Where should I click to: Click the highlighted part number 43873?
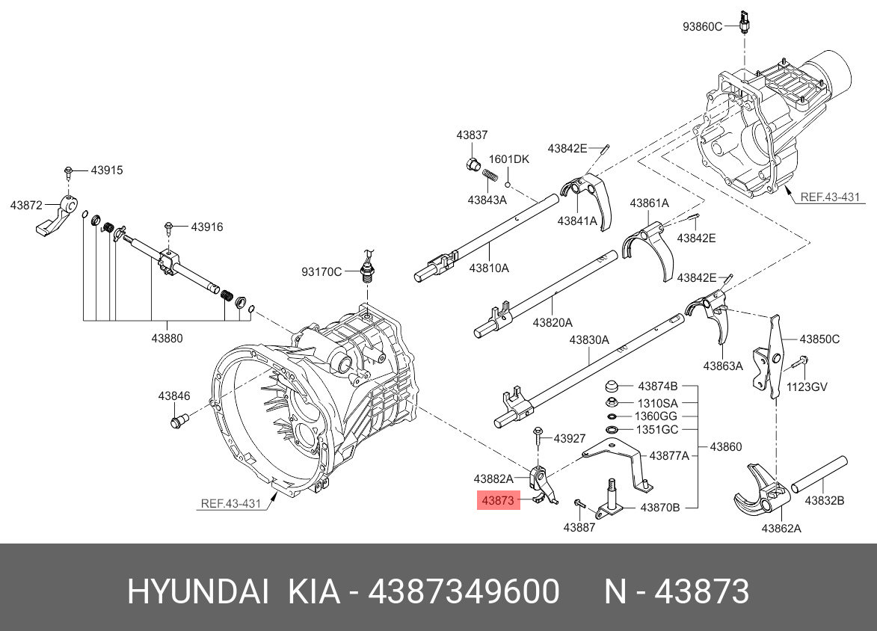[498, 501]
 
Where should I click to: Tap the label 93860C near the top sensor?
[702, 27]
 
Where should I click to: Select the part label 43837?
[472, 135]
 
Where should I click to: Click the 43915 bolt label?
[107, 170]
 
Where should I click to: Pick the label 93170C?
[321, 271]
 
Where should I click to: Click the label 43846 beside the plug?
[173, 395]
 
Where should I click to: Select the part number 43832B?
[825, 501]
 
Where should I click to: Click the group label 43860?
[725, 447]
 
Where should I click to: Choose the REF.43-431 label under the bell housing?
[230, 503]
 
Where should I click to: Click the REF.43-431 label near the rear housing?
[830, 197]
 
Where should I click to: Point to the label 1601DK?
[508, 159]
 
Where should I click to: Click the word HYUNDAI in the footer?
[197, 592]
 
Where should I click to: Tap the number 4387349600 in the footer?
[464, 592]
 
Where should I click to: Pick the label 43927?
[570, 439]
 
